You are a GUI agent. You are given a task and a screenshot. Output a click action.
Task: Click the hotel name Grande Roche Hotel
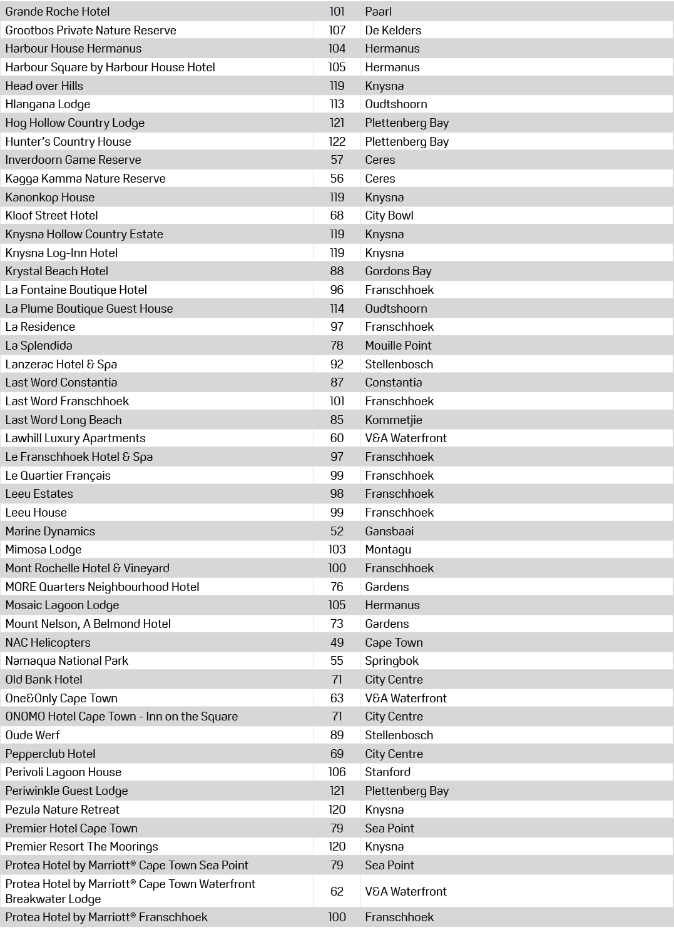point(58,11)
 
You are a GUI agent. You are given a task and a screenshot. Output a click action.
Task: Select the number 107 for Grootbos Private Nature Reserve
point(337,30)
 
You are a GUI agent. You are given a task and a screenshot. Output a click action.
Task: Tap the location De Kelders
point(393,30)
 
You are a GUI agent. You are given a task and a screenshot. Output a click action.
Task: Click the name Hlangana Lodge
point(48,104)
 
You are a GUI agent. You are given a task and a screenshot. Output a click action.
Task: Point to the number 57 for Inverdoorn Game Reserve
point(337,159)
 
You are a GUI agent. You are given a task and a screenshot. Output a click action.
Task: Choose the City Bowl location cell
point(389,215)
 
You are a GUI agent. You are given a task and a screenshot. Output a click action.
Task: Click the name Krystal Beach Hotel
point(57,271)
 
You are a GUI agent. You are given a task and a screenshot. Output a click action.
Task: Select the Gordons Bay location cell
point(398,271)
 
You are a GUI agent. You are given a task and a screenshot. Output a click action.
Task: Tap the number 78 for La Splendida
point(337,345)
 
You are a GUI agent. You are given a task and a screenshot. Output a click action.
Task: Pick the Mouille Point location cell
point(398,345)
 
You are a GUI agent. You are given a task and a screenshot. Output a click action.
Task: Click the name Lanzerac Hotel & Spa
point(61,364)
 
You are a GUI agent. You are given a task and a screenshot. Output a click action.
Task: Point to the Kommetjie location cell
point(394,420)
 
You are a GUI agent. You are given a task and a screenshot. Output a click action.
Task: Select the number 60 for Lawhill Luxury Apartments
point(337,438)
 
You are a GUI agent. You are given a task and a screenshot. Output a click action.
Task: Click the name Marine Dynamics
point(50,531)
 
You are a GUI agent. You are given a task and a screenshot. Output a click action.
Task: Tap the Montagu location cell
point(388,549)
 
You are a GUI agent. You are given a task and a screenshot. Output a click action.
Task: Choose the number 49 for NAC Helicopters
point(337,642)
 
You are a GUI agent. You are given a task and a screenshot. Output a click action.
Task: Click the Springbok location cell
point(392,660)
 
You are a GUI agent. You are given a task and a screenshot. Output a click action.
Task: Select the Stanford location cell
point(388,772)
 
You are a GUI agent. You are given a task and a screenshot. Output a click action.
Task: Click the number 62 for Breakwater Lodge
point(337,891)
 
